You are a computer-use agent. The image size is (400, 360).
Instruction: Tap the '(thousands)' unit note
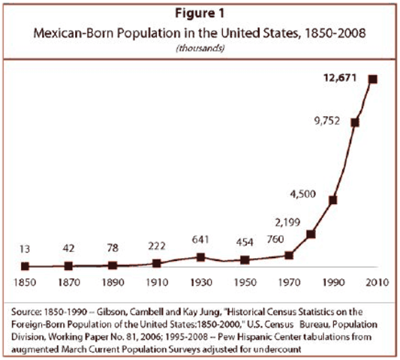199,48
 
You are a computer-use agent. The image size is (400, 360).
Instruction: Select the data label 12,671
338,78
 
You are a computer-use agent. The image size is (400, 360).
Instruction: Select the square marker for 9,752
354,122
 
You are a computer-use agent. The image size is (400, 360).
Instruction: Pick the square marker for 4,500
332,199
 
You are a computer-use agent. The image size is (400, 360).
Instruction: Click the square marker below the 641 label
200,256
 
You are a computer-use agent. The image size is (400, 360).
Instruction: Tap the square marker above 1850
25,265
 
